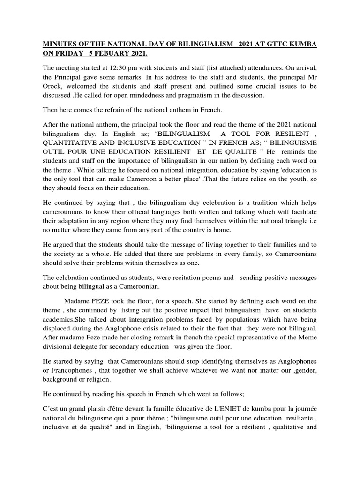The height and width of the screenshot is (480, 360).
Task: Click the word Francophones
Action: [64, 369]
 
